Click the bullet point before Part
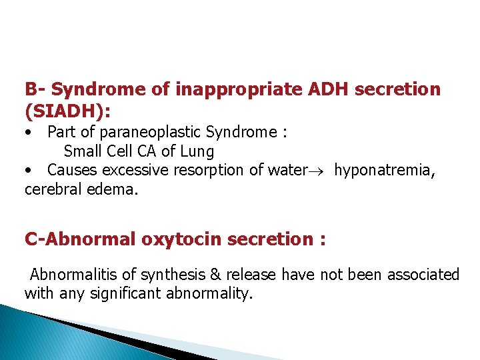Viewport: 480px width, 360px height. pyautogui.click(x=29, y=133)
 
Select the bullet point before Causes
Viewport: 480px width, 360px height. pyautogui.click(x=29, y=171)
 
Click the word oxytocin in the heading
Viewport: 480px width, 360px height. pyautogui.click(x=182, y=239)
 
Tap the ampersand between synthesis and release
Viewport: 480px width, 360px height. pyautogui.click(x=216, y=275)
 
